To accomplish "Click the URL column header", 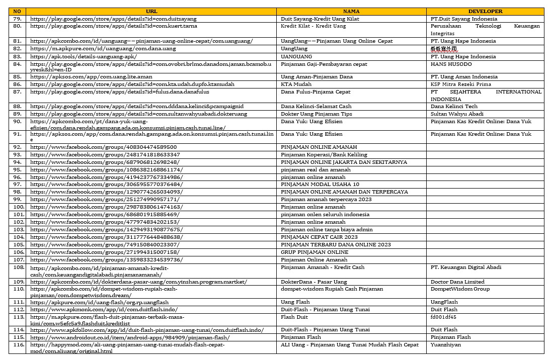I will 151,11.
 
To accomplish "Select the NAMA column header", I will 351,11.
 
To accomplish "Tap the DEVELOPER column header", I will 485,11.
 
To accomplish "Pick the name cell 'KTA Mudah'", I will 296,84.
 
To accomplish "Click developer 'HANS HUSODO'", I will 451,64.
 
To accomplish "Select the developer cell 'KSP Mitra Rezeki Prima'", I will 460,84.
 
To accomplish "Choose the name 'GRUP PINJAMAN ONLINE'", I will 314,252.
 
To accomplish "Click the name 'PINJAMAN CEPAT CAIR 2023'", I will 319,237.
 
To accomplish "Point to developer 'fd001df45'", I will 443,317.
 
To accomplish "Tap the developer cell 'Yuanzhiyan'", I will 445,345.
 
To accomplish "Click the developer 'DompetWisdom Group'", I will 460,289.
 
